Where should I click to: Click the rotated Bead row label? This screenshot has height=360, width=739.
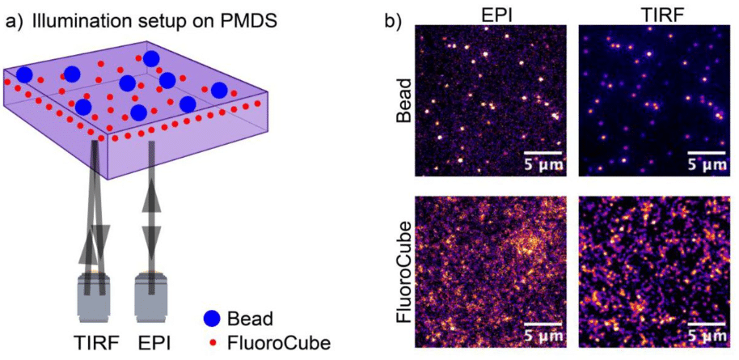(404, 101)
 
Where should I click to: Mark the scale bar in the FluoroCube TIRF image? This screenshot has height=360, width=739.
(704, 326)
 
